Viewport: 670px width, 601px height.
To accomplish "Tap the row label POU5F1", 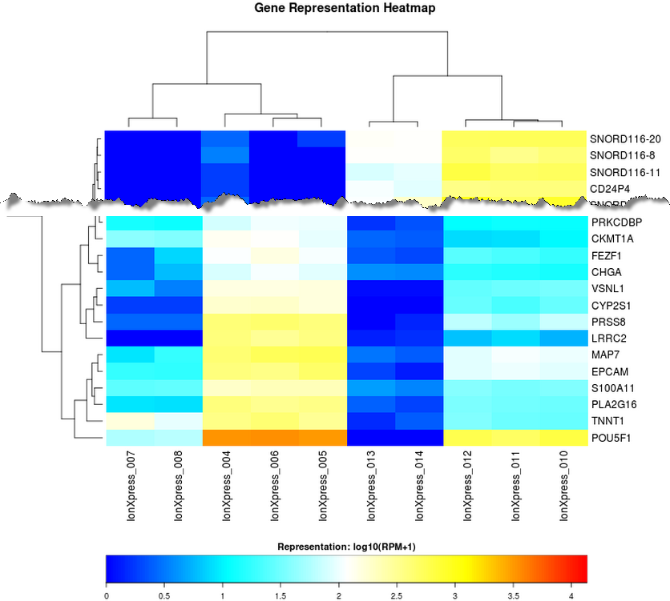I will [612, 438].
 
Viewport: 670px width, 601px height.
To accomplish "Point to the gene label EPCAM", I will [610, 371].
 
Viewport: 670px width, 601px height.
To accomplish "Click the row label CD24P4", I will [611, 189].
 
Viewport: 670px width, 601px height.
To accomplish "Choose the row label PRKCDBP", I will [616, 222].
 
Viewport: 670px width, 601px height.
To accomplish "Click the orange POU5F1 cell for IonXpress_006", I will [273, 438].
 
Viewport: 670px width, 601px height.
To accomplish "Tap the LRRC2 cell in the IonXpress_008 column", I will [177, 338].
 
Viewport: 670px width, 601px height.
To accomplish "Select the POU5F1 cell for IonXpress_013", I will [370, 438].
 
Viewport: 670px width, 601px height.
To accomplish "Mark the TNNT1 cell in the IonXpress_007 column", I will [129, 421].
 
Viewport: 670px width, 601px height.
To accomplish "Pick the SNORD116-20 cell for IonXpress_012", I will [466, 138].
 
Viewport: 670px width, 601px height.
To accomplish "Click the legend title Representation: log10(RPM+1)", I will [345, 547].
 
